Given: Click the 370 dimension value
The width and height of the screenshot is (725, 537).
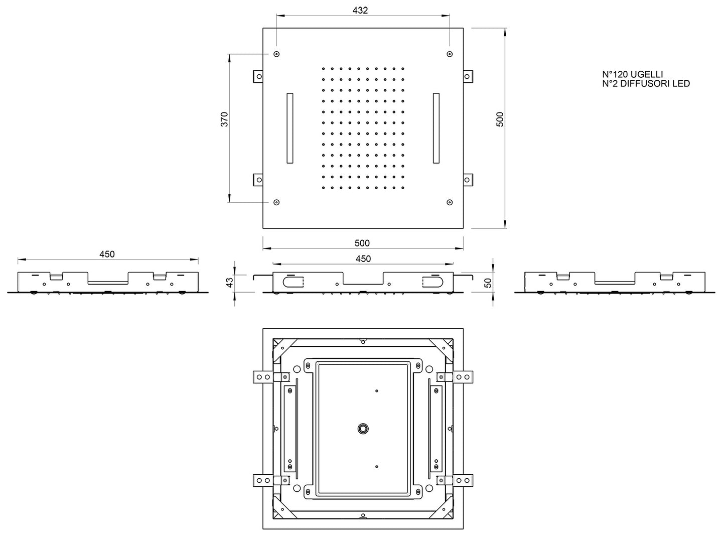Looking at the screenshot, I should click(224, 119).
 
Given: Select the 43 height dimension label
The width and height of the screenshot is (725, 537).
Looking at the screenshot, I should click(229, 283).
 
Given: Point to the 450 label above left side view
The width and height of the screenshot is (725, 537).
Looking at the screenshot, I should click(107, 254).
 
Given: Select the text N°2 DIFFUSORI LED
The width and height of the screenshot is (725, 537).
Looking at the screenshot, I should click(646, 84).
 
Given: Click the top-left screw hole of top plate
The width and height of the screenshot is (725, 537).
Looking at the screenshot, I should click(276, 54).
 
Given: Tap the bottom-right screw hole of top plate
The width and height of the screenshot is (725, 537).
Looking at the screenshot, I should click(450, 202).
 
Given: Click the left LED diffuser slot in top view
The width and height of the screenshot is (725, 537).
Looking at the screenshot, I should click(290, 128).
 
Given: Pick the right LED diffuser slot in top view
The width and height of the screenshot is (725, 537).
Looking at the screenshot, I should click(436, 128).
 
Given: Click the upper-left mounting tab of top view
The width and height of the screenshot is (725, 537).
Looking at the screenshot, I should click(258, 76).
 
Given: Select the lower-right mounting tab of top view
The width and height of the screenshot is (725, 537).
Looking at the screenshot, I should click(467, 179).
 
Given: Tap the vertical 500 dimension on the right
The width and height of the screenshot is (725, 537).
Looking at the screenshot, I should click(500, 119).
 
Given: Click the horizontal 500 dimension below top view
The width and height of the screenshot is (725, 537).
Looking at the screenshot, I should click(362, 243).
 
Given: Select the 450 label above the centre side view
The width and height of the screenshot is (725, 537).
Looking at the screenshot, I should click(363, 258).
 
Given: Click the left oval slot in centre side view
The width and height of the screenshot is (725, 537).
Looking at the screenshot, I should click(293, 282).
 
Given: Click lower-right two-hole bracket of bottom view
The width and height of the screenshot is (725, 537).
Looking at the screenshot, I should click(464, 480).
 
